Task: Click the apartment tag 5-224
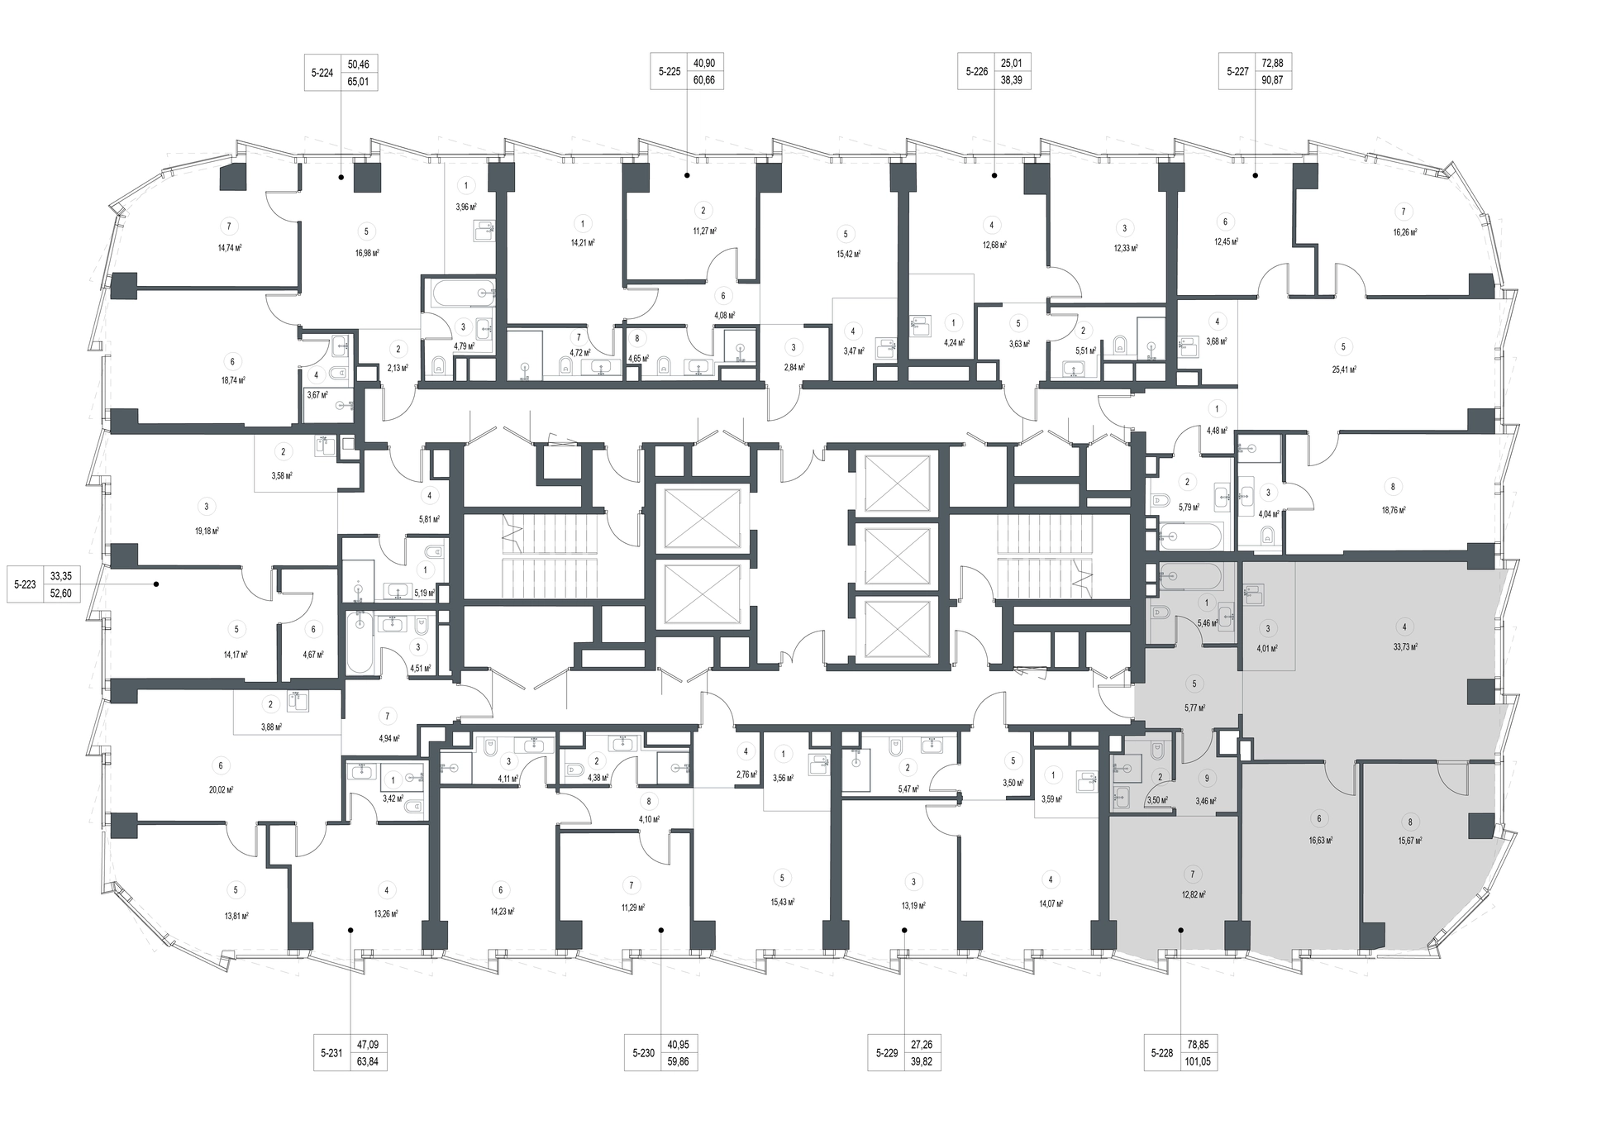(x=322, y=73)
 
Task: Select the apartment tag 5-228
(x=1162, y=1053)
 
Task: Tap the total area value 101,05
(x=1197, y=1061)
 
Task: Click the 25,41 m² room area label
(x=1344, y=369)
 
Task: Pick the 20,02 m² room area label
(x=221, y=789)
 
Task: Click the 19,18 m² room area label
(x=207, y=531)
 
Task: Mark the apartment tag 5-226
(x=977, y=73)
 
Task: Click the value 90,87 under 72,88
(x=1274, y=81)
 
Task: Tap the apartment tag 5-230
(x=644, y=1053)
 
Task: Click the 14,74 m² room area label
(x=228, y=247)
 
